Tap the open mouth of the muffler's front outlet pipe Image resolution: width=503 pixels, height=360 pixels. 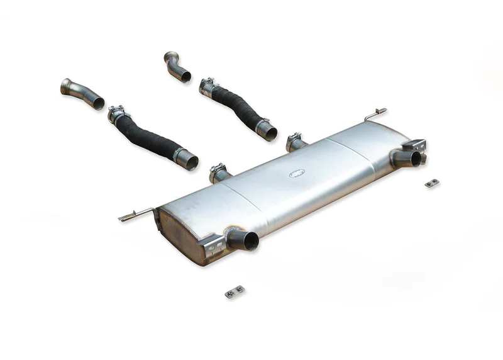point(250,241)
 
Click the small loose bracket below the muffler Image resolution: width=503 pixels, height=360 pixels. point(234,291)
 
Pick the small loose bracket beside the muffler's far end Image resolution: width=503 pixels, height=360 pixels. point(431,183)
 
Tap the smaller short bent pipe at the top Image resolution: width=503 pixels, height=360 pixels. point(177,67)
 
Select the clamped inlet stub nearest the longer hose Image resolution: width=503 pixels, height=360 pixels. point(219,173)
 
